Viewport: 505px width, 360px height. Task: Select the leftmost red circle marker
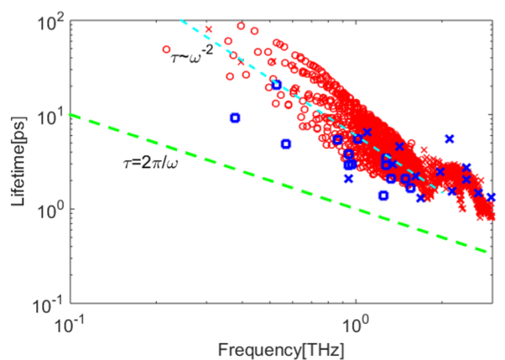pyautogui.click(x=167, y=49)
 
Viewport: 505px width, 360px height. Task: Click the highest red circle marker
pyautogui.click(x=241, y=26)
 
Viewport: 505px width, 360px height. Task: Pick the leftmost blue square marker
pyautogui.click(x=235, y=117)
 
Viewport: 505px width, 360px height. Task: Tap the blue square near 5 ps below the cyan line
pyautogui.click(x=286, y=143)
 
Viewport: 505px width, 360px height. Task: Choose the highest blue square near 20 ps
pyautogui.click(x=277, y=85)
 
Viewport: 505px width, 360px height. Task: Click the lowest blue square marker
pyautogui.click(x=383, y=195)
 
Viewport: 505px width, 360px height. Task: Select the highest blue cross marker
pyautogui.click(x=449, y=139)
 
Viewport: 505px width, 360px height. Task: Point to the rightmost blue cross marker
pyautogui.click(x=491, y=197)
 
